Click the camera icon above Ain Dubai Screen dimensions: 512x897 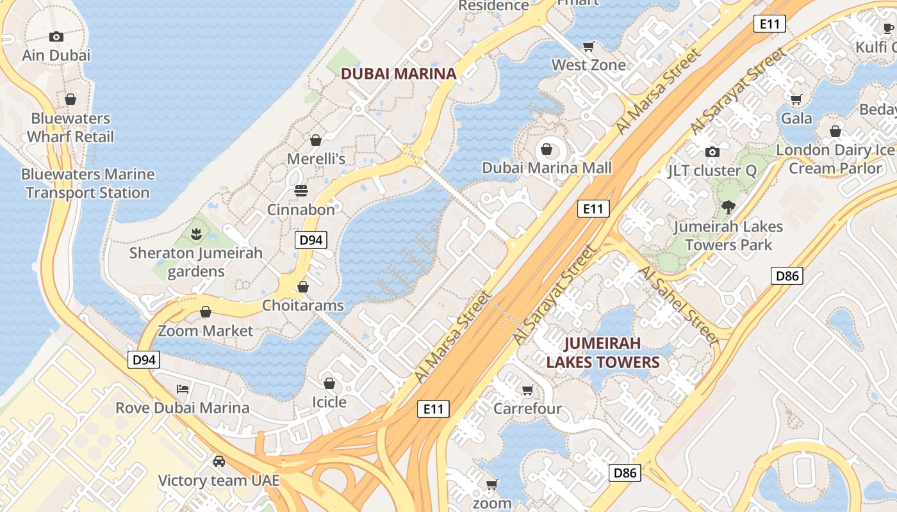coord(56,37)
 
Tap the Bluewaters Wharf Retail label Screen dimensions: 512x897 coord(70,127)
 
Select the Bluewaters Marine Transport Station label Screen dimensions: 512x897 coord(88,183)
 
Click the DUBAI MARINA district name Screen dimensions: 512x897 coord(398,74)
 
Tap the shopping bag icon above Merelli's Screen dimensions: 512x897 coord(316,140)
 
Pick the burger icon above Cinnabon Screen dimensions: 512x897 coord(301,191)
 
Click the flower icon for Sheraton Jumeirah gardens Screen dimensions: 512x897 coord(196,234)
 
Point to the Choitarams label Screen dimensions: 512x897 coord(302,305)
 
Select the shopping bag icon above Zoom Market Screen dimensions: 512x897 coord(206,312)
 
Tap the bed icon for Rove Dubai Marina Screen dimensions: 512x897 coord(183,388)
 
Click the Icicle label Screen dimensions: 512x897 coord(329,402)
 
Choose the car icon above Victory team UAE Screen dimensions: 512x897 coord(219,461)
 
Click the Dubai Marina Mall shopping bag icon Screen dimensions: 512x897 coord(547,150)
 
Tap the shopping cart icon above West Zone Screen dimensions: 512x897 coord(589,46)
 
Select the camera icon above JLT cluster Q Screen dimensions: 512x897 coord(712,152)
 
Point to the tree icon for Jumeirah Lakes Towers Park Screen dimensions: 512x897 coord(728,207)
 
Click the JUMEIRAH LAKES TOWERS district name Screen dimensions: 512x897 coord(602,353)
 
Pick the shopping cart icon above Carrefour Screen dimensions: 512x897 coord(527,390)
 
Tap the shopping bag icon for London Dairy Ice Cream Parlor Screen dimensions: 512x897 coord(835,131)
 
